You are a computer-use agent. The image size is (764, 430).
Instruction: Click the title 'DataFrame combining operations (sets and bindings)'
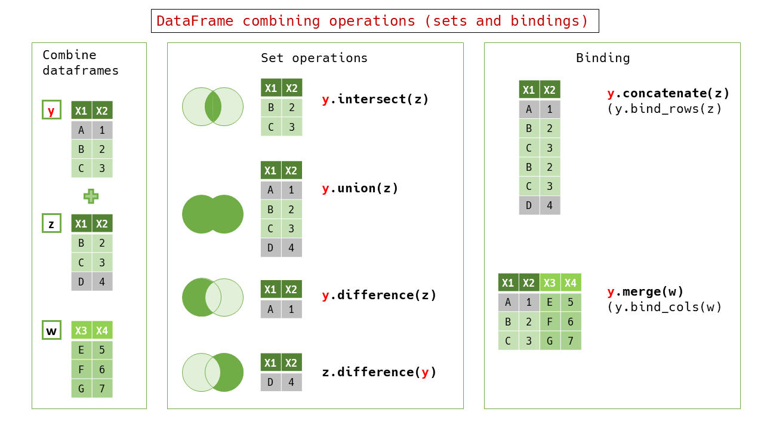[x=374, y=21]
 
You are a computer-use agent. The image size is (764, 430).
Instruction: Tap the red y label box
[x=51, y=110]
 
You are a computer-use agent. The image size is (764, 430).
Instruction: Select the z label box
[x=51, y=223]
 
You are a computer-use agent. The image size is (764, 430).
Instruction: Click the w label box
[x=51, y=330]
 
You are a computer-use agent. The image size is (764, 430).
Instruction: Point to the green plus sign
[x=91, y=196]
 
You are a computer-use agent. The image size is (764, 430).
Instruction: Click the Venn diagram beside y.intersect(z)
[x=212, y=107]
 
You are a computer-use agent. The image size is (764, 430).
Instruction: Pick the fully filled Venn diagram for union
[x=212, y=214]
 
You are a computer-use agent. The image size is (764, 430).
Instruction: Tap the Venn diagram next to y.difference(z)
[x=212, y=297]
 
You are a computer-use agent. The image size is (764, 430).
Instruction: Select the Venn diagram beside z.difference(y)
[x=212, y=373]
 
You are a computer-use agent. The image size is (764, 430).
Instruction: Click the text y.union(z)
[x=360, y=189]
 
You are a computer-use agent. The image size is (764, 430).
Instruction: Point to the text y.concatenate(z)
[x=668, y=93]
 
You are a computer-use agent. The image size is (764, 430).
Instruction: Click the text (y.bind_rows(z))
[x=665, y=109]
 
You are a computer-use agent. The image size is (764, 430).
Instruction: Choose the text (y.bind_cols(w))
[x=665, y=307]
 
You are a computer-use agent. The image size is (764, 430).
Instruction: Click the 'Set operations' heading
[x=314, y=58]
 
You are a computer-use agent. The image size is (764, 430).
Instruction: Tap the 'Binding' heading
[x=603, y=58]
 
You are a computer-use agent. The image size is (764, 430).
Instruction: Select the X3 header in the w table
[x=81, y=331]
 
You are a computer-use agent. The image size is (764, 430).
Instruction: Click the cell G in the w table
[x=81, y=389]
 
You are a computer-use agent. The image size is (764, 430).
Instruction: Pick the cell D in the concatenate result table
[x=529, y=205]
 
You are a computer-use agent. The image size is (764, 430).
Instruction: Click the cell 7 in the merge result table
[x=571, y=340]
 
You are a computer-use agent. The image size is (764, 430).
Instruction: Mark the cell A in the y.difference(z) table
[x=270, y=309]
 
